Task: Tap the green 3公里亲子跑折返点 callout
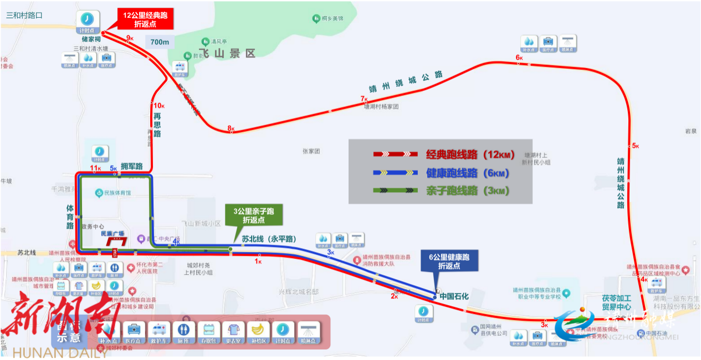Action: tap(254, 215)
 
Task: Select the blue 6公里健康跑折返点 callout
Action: tap(449, 261)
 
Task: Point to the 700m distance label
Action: tap(159, 42)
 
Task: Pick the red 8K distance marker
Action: tap(231, 129)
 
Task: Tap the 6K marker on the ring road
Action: tap(519, 58)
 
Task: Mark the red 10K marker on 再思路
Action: tap(159, 105)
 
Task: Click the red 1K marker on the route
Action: tap(258, 261)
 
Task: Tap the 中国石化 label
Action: tap(454, 296)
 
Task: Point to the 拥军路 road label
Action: tap(131, 166)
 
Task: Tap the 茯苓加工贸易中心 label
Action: tap(617, 302)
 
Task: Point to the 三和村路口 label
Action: tap(24, 15)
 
